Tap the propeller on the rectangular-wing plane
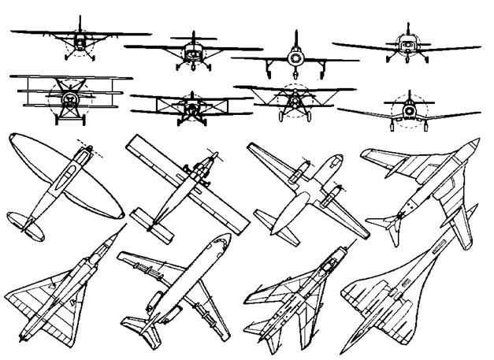211,155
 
